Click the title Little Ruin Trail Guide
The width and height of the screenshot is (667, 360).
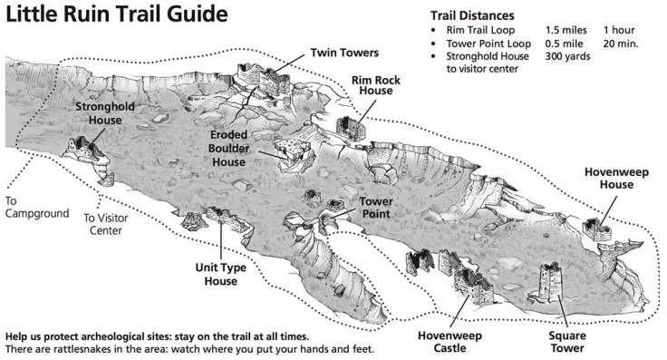click(117, 15)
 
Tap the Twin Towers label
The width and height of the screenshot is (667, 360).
click(344, 53)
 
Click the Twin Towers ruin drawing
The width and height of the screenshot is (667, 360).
click(264, 78)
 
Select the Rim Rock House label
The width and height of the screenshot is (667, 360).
click(376, 85)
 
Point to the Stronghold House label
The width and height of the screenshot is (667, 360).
click(105, 113)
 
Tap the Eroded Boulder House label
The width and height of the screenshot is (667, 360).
click(229, 149)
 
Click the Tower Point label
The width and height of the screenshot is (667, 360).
click(376, 208)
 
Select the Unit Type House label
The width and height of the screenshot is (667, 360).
click(221, 274)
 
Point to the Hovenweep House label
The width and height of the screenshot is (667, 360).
click(616, 179)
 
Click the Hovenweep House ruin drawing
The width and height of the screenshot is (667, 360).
click(596, 229)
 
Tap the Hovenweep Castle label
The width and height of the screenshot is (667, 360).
click(449, 342)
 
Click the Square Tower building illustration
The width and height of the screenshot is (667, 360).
click(549, 281)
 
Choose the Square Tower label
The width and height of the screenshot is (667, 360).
click(567, 342)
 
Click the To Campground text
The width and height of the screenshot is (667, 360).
click(37, 207)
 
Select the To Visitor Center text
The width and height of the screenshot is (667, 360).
click(105, 224)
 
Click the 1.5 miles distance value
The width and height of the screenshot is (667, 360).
click(565, 30)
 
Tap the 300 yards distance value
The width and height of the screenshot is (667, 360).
click(567, 56)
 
